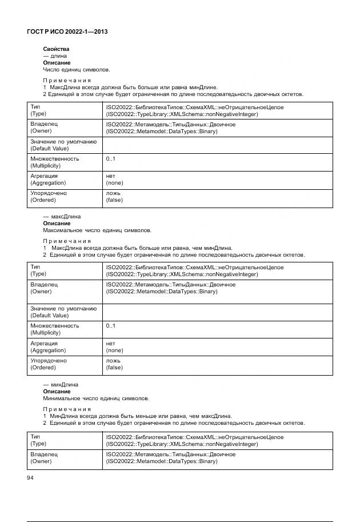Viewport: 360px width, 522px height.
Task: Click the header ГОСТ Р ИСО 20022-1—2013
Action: click(67, 32)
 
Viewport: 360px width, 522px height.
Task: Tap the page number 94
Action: click(31, 477)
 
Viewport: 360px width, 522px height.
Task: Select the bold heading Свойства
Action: click(56, 49)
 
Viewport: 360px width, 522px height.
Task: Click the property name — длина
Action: click(55, 56)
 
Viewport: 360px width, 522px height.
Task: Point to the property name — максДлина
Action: click(62, 217)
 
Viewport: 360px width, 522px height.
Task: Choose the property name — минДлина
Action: click(61, 385)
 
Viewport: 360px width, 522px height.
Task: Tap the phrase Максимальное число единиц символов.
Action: click(97, 230)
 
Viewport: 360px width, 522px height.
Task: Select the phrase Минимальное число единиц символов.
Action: click(96, 399)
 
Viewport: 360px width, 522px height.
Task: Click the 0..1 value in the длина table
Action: click(111, 158)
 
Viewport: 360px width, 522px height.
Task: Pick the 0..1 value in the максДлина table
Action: click(111, 326)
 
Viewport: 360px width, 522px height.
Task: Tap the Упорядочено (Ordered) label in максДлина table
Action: click(48, 364)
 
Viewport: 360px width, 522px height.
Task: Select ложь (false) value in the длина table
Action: click(114, 197)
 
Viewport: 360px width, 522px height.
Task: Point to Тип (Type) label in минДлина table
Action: click(39, 440)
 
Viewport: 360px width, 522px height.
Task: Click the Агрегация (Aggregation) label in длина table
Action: click(48, 180)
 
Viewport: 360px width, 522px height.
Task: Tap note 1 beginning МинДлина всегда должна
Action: click(137, 416)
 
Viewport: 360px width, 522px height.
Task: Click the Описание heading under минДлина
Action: click(57, 392)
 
